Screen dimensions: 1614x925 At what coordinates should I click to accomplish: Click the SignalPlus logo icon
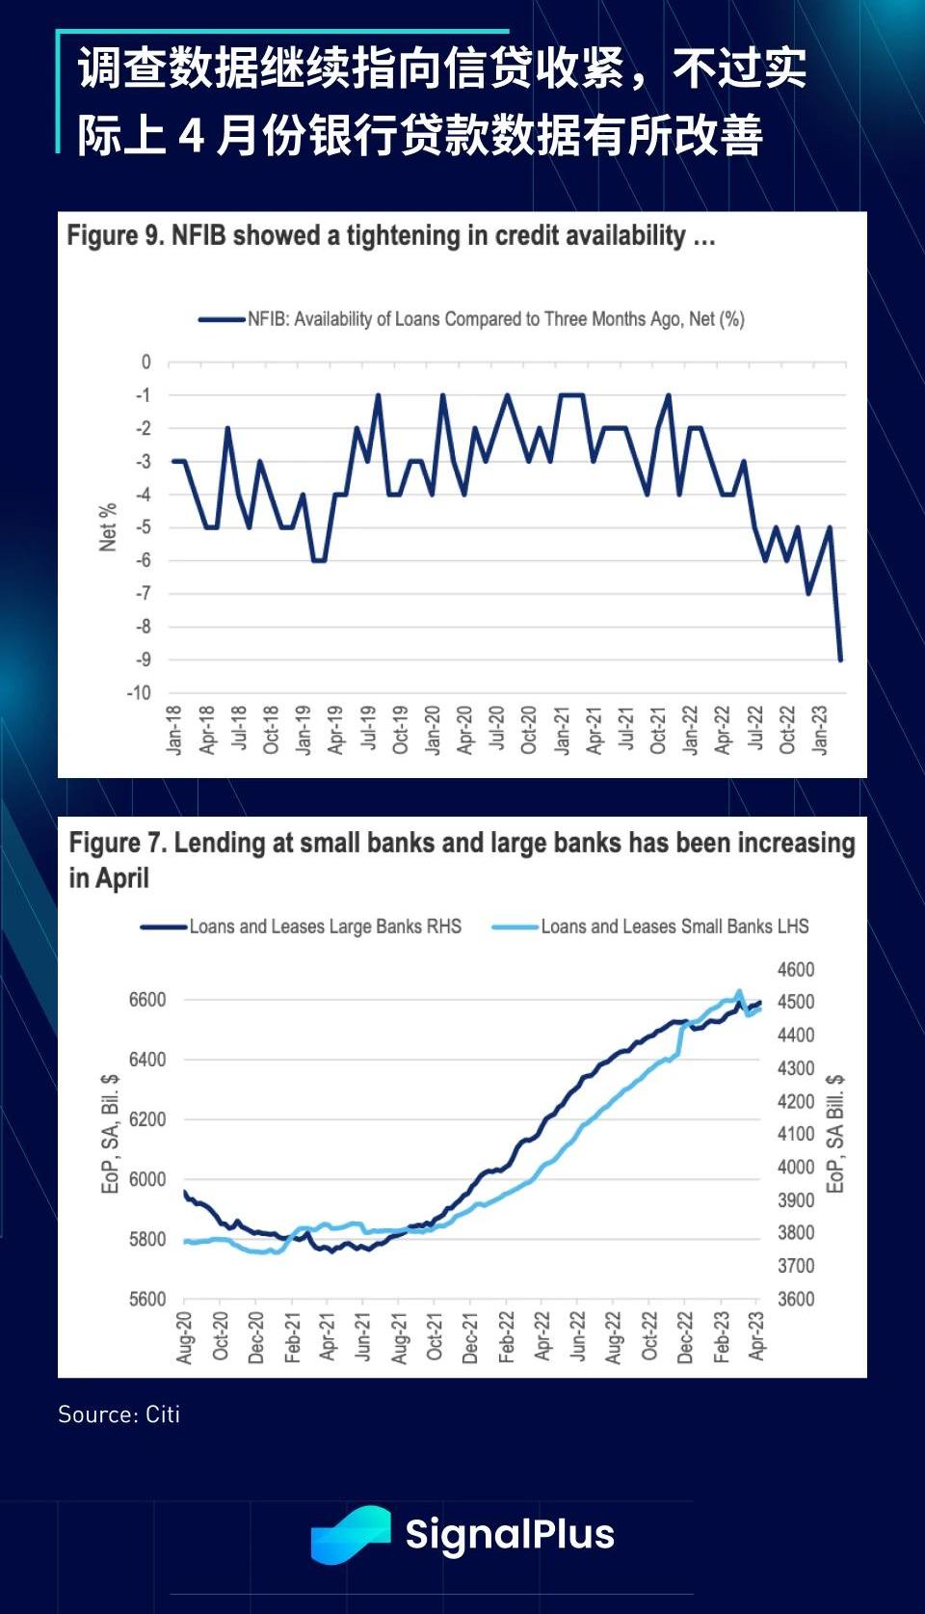350,1533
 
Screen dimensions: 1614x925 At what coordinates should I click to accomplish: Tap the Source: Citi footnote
119,1414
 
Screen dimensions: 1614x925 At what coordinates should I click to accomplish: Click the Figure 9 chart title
390,236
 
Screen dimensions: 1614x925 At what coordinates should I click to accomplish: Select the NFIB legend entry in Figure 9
472,319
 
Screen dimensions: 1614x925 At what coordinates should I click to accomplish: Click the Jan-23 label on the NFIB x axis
820,729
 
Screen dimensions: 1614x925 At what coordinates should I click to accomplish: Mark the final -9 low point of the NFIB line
840,659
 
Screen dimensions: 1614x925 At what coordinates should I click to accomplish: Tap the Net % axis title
108,526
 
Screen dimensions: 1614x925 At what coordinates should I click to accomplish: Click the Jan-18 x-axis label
174,729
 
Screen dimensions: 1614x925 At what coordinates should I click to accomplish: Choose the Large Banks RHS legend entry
302,927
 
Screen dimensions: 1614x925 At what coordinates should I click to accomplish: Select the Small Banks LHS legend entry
651,927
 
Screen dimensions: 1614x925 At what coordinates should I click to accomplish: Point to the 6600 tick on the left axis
147,1000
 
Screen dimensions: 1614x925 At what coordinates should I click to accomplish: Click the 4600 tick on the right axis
796,970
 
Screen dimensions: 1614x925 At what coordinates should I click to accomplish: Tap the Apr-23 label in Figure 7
756,1335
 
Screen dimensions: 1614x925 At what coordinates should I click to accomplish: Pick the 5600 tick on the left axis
147,1299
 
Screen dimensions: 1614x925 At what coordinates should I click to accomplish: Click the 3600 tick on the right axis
796,1299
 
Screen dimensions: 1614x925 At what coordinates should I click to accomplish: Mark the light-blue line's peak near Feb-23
739,991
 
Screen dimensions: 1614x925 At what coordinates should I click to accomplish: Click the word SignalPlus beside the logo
510,1534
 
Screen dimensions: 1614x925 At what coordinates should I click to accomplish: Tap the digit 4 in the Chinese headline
192,134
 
